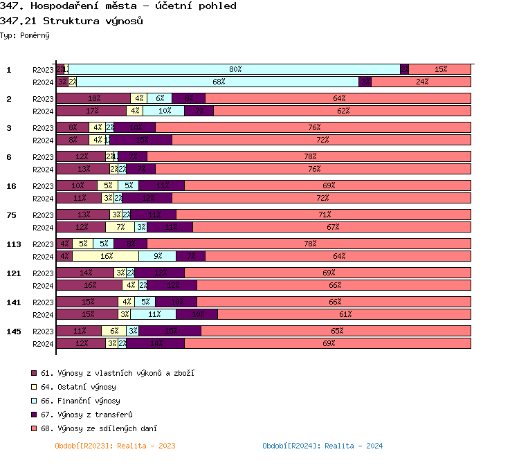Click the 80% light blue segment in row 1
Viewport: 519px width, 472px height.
point(235,69)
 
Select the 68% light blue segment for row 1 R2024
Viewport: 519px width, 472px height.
point(218,82)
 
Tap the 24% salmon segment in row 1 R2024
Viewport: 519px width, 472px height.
point(421,82)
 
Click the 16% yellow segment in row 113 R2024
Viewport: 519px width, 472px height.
point(106,256)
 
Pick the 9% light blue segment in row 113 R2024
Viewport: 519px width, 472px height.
point(158,256)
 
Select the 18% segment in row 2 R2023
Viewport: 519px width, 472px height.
point(93,98)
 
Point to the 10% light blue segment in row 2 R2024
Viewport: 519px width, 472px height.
point(164,111)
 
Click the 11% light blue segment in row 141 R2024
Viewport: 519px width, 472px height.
point(154,314)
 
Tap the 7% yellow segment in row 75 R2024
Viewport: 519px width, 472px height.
point(120,227)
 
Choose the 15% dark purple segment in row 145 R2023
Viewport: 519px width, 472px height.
point(170,331)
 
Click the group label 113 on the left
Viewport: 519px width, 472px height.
point(14,244)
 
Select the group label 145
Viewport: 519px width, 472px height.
point(14,331)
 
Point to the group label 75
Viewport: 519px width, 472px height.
point(12,215)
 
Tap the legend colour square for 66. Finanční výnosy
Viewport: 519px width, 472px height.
point(34,401)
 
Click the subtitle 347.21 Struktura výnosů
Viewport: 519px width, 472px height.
point(72,21)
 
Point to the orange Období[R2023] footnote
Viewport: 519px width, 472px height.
point(115,446)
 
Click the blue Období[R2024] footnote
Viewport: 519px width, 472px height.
point(322,446)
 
